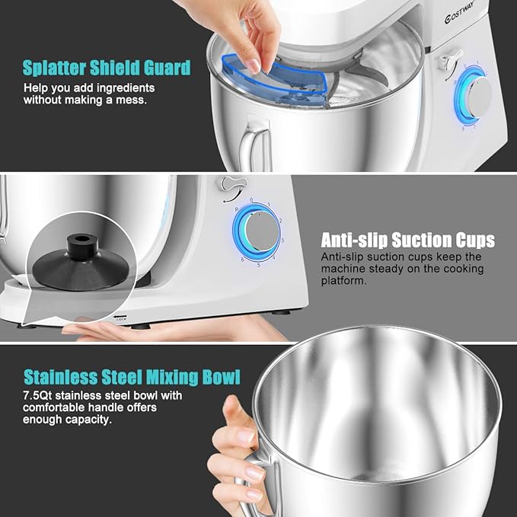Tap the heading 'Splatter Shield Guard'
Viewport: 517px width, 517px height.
(x=107, y=68)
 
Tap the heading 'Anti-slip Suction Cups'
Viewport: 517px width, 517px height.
(x=407, y=241)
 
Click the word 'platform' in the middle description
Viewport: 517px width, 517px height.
(x=343, y=280)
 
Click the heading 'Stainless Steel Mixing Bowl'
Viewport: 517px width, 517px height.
(x=132, y=377)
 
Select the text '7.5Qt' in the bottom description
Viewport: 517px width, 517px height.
(x=37, y=396)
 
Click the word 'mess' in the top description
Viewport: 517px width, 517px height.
(x=140, y=100)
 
